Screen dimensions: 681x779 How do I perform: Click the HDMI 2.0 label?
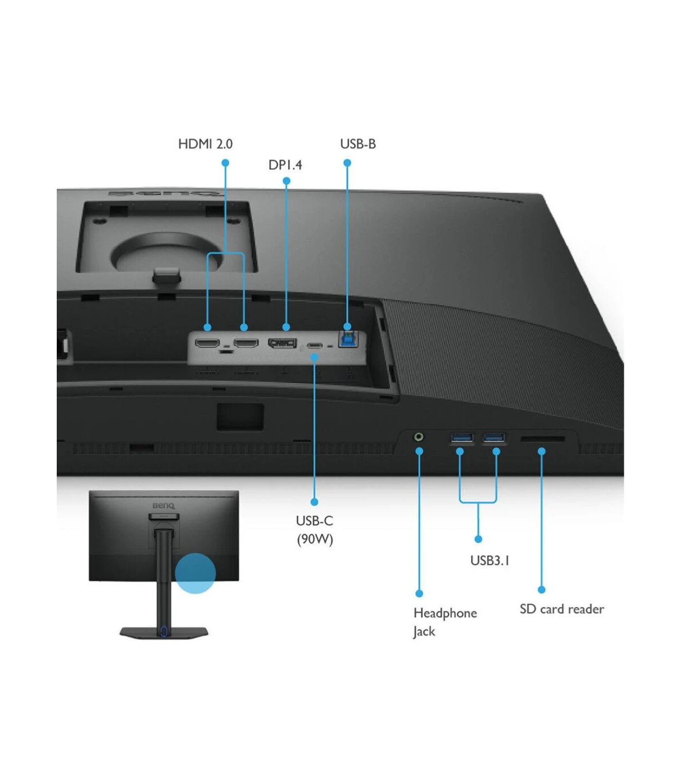coord(205,144)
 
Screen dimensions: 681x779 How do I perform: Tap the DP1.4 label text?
coord(285,165)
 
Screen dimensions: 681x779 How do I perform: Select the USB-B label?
coord(358,144)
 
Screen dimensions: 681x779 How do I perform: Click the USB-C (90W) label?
coord(314,530)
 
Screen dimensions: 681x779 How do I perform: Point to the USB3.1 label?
coord(490,560)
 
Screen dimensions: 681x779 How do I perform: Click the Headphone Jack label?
coord(445,622)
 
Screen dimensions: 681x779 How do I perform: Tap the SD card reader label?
coord(562,609)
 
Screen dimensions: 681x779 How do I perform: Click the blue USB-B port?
coord(348,340)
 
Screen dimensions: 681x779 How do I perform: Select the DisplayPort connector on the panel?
coord(283,343)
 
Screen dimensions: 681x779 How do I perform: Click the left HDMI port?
coord(207,343)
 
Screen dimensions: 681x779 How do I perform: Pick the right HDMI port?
coord(246,343)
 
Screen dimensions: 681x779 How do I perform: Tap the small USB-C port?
coord(314,346)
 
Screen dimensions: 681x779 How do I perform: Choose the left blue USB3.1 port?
coord(462,438)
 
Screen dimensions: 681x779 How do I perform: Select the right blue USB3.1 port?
coord(494,438)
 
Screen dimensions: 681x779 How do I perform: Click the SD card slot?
coord(543,439)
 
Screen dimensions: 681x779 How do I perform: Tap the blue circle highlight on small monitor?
coord(196,573)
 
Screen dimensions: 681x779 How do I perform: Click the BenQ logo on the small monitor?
coord(163,506)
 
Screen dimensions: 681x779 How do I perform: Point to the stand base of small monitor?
coord(164,632)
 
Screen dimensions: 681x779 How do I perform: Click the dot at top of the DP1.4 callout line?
coord(287,181)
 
